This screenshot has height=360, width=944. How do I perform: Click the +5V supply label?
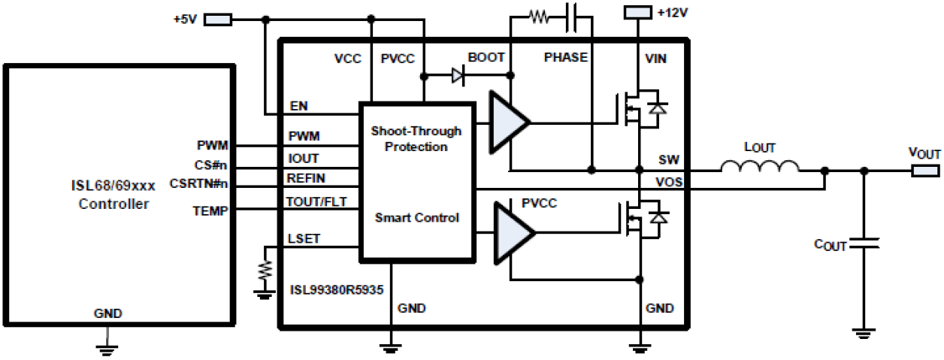coord(184,19)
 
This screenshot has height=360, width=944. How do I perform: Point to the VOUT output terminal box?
coord(925,170)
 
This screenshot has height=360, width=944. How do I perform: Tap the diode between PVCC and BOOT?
coord(458,75)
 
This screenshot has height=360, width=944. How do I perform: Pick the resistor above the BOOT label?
coord(539,17)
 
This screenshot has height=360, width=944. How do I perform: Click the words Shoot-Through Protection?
coord(416,139)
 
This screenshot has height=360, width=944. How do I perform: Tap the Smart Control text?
coord(416,218)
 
